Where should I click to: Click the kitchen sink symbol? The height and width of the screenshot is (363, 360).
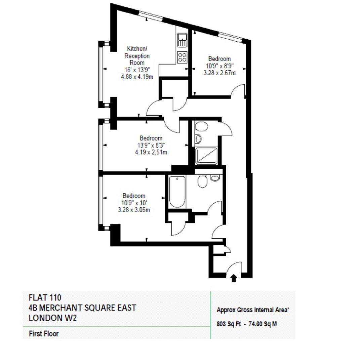pyautogui.click(x=182, y=40)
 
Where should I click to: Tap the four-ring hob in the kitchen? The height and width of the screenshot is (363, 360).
pyautogui.click(x=182, y=57)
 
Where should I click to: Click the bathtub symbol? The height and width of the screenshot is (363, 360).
pyautogui.click(x=177, y=192)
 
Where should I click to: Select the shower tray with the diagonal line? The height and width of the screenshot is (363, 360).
pyautogui.click(x=207, y=156)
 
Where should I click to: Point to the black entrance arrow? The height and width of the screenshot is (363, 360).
pyautogui.click(x=234, y=278)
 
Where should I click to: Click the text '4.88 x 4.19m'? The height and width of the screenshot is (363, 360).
pyautogui.click(x=137, y=76)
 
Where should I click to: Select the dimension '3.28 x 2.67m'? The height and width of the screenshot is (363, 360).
pyautogui.click(x=219, y=72)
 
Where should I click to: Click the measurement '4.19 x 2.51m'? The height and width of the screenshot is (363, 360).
pyautogui.click(x=151, y=152)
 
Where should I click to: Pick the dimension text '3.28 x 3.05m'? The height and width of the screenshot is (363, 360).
pyautogui.click(x=134, y=210)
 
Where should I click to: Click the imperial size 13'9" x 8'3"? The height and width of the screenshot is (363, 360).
pyautogui.click(x=151, y=145)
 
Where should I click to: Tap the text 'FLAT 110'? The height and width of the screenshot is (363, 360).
pyautogui.click(x=45, y=297)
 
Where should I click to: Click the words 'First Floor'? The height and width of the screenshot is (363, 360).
pyautogui.click(x=44, y=334)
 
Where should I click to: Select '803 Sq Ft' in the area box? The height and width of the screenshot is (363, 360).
pyautogui.click(x=229, y=324)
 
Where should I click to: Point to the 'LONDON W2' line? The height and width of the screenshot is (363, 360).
pyautogui.click(x=53, y=318)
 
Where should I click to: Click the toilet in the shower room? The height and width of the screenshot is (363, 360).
pyautogui.click(x=201, y=127)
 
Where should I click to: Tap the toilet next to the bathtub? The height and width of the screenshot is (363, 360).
pyautogui.click(x=202, y=182)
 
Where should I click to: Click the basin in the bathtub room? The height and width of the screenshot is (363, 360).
pyautogui.click(x=215, y=177)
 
